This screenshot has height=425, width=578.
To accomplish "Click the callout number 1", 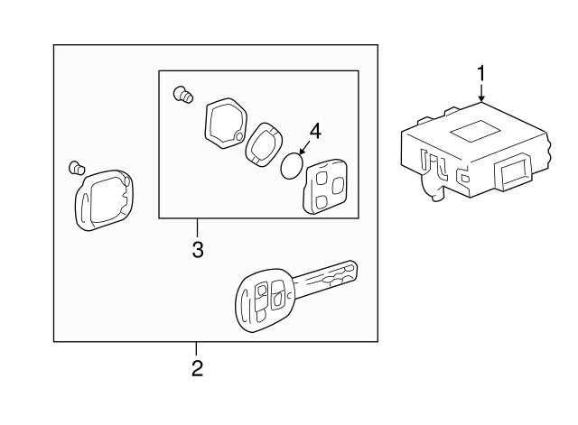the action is pyautogui.click(x=480, y=74).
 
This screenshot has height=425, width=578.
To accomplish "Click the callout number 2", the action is pyautogui.click(x=197, y=368).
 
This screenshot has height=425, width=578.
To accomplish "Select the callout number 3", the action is pyautogui.click(x=198, y=250).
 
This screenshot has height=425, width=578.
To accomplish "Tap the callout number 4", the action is pyautogui.click(x=315, y=131).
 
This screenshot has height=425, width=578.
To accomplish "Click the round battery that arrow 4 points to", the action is pyautogui.click(x=292, y=165).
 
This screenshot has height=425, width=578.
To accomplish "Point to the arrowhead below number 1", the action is pyautogui.click(x=480, y=98).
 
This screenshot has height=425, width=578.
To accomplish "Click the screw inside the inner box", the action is pyautogui.click(x=183, y=95).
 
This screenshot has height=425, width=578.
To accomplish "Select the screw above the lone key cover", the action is pyautogui.click(x=77, y=168).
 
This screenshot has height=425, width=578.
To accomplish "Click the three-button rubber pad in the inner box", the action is pyautogui.click(x=324, y=187).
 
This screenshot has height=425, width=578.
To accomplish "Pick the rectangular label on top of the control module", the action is pyautogui.click(x=475, y=131).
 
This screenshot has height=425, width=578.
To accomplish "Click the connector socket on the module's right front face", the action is pyautogui.click(x=514, y=171).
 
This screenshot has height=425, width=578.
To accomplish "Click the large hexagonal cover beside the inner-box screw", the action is pyautogui.click(x=226, y=123).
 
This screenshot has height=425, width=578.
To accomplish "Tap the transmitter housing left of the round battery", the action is pyautogui.click(x=264, y=144).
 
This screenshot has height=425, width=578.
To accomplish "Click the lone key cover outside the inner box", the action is pyautogui.click(x=105, y=200).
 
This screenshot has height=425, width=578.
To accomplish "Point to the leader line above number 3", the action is pyautogui.click(x=197, y=228).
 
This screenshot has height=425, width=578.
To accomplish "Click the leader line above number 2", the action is pyautogui.click(x=196, y=349).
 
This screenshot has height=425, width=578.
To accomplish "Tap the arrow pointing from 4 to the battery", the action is pyautogui.click(x=304, y=148).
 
